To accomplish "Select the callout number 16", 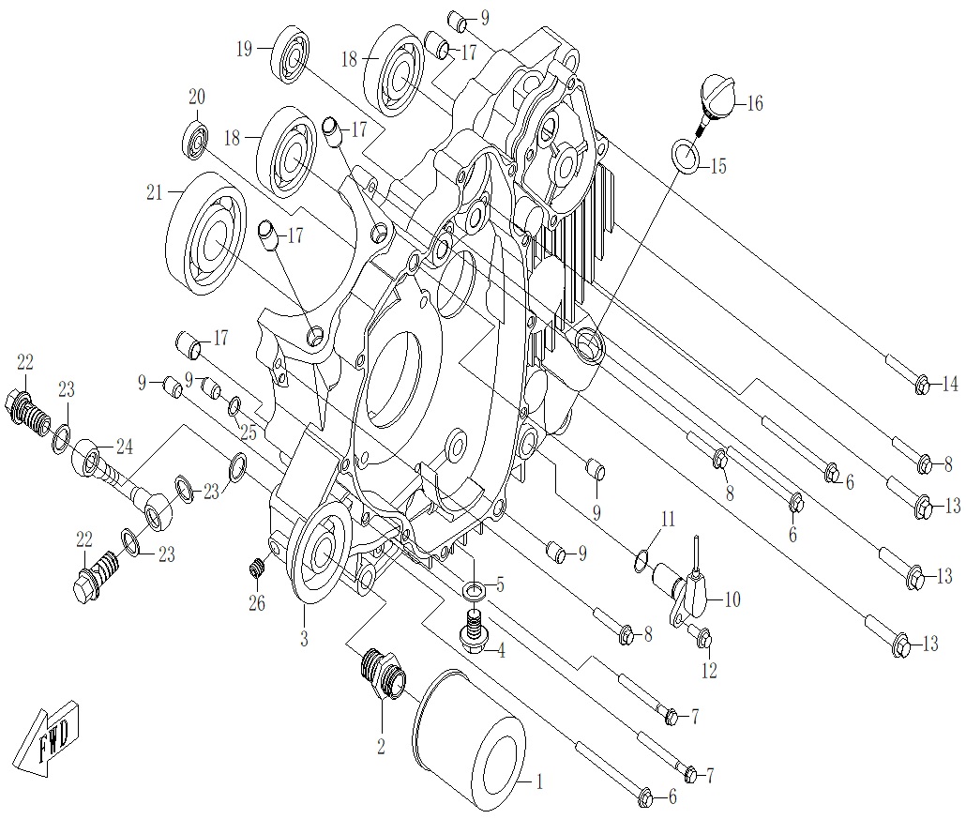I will pos(755,104).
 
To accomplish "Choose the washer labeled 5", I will pos(475,590).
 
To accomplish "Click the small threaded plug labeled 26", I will pos(257,568).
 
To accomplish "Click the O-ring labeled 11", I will pos(641,561).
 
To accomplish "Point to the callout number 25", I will pos(247,434).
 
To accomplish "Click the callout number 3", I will pos(304,640).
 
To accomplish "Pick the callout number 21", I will pos(155,192).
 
